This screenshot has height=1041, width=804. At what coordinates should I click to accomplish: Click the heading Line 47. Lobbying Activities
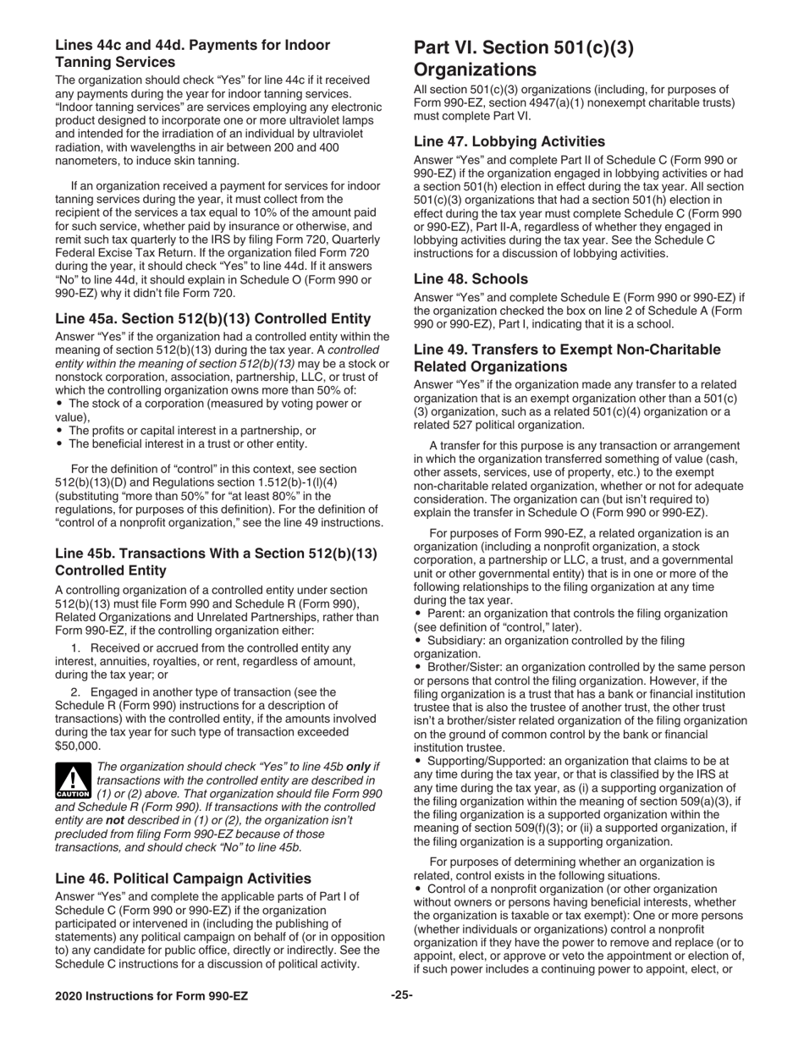tap(509, 141)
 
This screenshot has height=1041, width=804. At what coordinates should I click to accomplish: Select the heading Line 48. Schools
tap(482, 278)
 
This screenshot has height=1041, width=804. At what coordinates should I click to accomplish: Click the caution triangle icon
tap(73, 781)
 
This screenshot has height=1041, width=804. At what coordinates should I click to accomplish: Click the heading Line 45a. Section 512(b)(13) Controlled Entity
tap(212, 318)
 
